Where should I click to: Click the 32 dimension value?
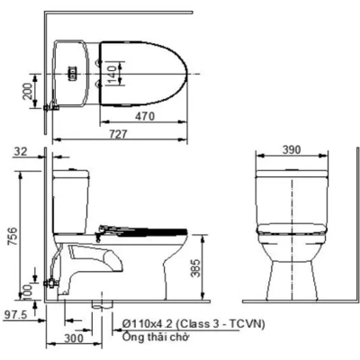tap(21, 154)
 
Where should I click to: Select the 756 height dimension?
tap(12, 236)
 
